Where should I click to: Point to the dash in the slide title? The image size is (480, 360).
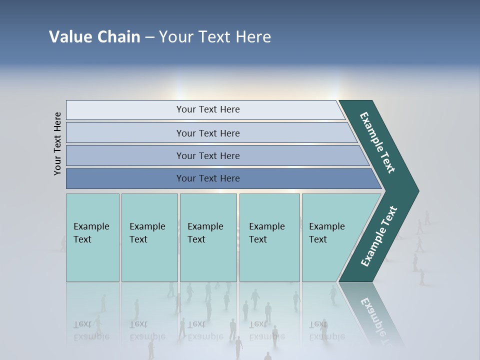coord(149,37)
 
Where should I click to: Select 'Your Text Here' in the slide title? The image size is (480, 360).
coord(215,37)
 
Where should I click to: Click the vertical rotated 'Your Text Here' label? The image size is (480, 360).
coord(57,143)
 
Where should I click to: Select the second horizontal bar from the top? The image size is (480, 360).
coord(207,133)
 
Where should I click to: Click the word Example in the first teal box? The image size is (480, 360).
coord(91,226)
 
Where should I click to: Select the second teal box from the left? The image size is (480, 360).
coord(149,237)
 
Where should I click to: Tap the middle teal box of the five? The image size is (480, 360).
coord(208,237)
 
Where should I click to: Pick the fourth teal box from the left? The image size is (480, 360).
coord(269,237)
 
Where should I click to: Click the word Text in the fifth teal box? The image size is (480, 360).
coord(317,239)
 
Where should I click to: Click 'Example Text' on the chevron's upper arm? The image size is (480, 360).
coord(377,142)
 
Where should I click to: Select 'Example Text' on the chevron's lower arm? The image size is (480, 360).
coord(378,236)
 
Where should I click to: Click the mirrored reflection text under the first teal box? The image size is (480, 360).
coord(91,330)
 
